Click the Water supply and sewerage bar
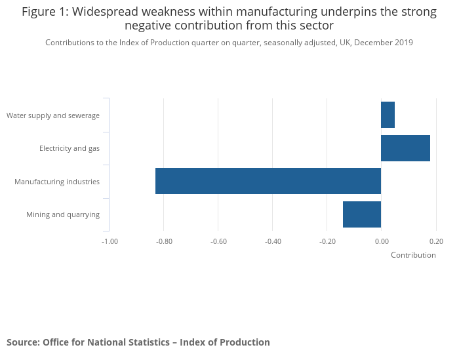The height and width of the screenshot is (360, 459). [x=388, y=115]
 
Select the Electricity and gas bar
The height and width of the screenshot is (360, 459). [x=405, y=148]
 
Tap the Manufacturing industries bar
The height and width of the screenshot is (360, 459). [x=268, y=181]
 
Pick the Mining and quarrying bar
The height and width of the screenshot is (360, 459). [x=361, y=214]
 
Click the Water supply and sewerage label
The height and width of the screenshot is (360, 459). [x=53, y=115]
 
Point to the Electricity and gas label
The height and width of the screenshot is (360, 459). [x=70, y=148]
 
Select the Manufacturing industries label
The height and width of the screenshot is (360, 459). [x=57, y=181]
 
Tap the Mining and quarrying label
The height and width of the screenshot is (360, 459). [x=63, y=214]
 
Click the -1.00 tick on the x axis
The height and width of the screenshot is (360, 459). [x=110, y=241]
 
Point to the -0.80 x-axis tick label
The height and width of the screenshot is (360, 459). [x=164, y=241]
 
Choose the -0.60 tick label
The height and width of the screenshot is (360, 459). [x=218, y=241]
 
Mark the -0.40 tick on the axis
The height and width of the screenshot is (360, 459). [x=273, y=241]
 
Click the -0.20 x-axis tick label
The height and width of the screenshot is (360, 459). [x=327, y=241]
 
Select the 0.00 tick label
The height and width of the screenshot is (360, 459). [x=382, y=241]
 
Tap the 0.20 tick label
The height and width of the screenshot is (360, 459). [x=436, y=241]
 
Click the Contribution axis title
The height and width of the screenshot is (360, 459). [x=413, y=255]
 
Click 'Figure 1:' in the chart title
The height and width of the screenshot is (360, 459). [x=47, y=12]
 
